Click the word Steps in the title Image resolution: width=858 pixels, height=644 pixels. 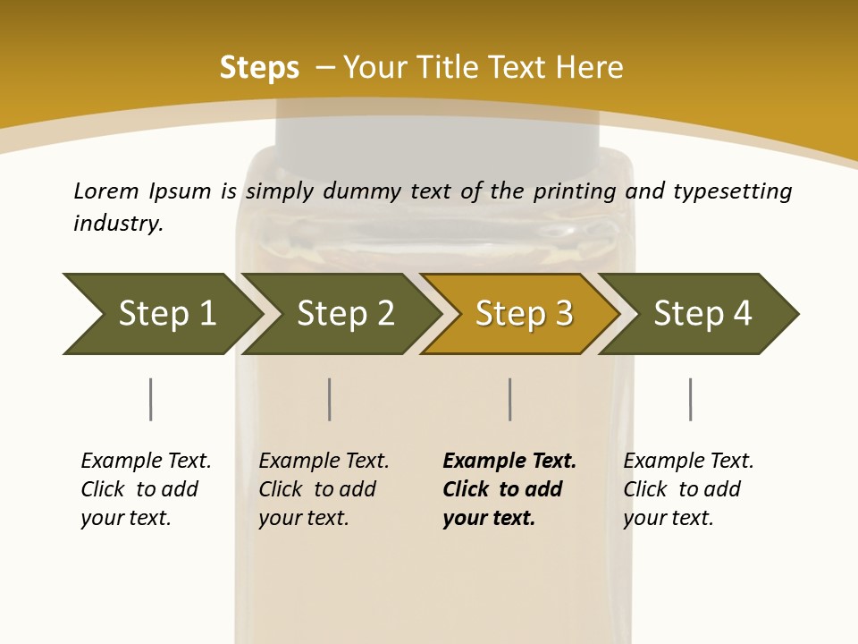pos(259,68)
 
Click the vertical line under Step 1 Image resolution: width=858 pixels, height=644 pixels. pos(150,399)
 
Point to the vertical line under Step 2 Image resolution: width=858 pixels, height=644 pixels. pos(330,399)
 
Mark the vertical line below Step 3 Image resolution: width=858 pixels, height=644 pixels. pos(509,399)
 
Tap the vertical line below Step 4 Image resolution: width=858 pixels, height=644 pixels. pos(690,399)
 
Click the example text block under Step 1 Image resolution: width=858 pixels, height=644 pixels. pos(146,489)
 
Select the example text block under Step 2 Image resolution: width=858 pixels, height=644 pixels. pos(324,489)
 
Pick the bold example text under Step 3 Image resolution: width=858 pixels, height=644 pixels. pos(509,489)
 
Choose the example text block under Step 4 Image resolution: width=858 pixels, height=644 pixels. pos(688,489)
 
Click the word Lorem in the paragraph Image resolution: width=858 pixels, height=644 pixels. pos(105,191)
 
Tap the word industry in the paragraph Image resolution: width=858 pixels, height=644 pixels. pos(118,223)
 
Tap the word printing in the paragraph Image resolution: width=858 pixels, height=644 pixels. pos(573,192)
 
